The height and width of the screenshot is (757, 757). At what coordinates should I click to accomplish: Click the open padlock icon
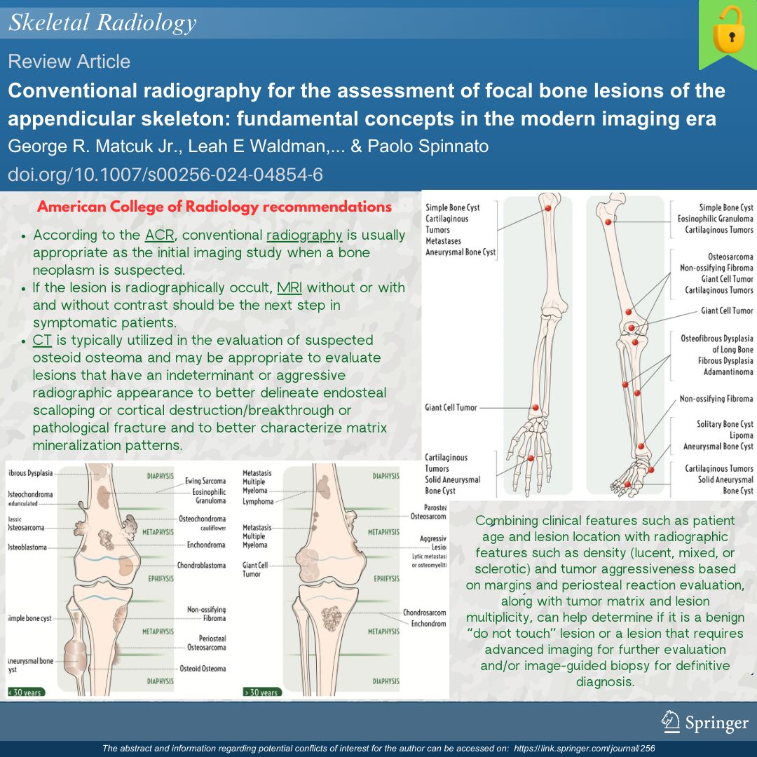(x=727, y=35)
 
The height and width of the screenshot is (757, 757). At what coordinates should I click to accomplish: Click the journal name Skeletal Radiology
(x=102, y=23)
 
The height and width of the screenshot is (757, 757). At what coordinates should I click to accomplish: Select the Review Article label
(x=69, y=62)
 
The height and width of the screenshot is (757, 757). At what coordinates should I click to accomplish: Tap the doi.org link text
(x=165, y=175)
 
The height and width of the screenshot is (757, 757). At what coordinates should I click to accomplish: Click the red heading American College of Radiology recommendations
(x=214, y=207)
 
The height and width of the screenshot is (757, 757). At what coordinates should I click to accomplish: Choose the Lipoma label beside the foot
(x=742, y=435)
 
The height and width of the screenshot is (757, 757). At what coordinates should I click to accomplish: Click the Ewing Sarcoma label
(x=205, y=482)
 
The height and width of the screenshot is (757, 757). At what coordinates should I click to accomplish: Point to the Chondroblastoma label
(x=201, y=565)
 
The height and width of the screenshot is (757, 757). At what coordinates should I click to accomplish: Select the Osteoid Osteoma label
(x=203, y=669)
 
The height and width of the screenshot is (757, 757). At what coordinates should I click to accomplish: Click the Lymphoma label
(x=258, y=502)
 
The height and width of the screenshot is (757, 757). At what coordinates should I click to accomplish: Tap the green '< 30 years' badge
(x=25, y=693)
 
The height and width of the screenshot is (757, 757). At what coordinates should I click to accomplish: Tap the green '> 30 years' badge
(x=261, y=693)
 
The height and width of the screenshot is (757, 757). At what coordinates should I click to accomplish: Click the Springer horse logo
(x=671, y=720)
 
